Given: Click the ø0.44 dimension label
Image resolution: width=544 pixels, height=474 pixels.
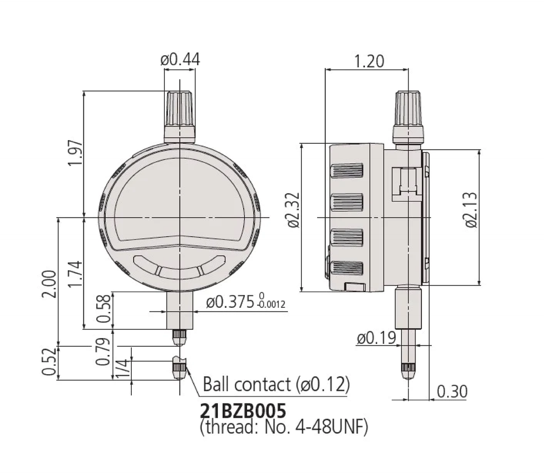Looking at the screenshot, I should [x=180, y=59].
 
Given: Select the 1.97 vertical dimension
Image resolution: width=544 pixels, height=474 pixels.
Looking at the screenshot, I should [x=75, y=153].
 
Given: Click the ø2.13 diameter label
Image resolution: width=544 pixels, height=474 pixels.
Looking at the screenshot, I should [x=471, y=210].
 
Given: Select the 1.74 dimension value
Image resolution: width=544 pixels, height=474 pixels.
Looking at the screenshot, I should [x=75, y=273].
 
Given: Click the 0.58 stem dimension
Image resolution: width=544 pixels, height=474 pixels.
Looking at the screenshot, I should [x=105, y=309].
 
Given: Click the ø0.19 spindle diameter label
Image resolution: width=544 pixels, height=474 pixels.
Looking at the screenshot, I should [x=376, y=338].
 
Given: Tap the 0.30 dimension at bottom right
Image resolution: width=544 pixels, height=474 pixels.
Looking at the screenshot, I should [x=452, y=392].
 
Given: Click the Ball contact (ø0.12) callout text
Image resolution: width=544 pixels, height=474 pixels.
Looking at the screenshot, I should [x=276, y=384].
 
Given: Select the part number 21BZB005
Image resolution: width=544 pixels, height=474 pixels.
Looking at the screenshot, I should [x=243, y=410].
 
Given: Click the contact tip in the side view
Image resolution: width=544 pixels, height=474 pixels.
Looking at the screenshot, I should [x=408, y=371].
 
